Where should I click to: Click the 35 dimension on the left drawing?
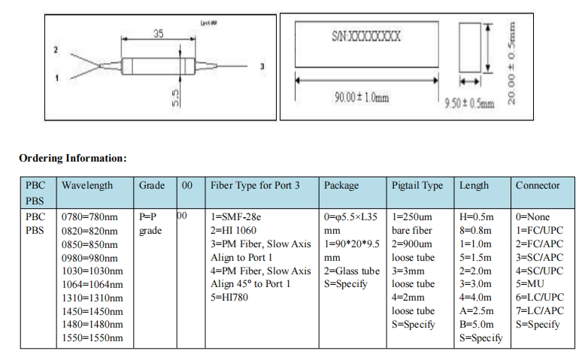(158, 34)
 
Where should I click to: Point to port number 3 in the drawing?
(262, 67)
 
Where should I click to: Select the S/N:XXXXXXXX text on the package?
(366, 35)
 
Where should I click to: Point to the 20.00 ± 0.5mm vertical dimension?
(513, 62)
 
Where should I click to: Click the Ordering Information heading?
(73, 158)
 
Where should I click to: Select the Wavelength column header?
(87, 185)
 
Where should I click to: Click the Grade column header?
(153, 185)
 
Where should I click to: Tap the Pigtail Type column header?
(417, 185)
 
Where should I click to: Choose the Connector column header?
(538, 185)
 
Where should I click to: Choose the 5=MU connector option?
(528, 284)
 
